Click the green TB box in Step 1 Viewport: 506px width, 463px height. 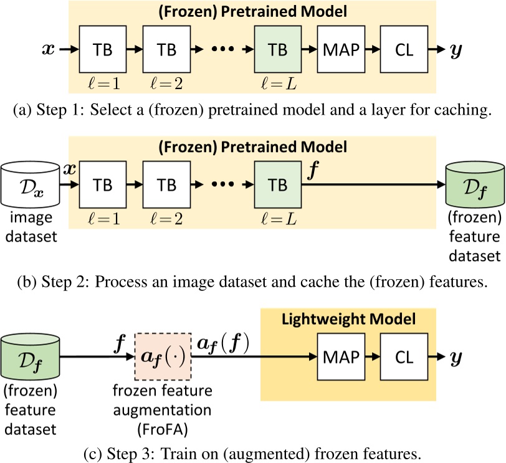(x=277, y=49)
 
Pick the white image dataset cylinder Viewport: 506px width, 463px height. (x=31, y=184)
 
